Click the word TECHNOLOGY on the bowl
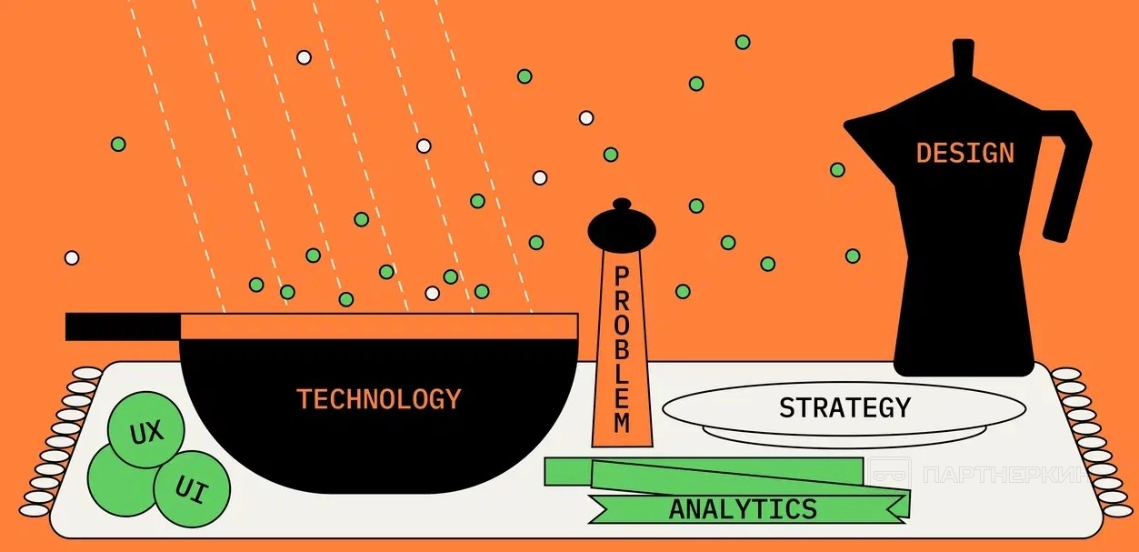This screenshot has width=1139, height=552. point(378,398)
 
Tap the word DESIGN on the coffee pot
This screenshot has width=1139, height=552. point(964,153)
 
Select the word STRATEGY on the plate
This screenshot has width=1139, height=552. point(844,407)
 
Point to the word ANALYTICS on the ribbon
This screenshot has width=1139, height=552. point(743,509)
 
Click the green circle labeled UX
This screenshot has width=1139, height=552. point(145,430)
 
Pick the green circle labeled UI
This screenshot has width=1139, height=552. point(192,490)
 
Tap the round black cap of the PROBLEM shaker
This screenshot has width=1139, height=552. point(622,228)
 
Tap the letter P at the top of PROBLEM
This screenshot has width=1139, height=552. point(622,276)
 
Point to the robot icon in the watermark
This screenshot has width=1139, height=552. point(889,473)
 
